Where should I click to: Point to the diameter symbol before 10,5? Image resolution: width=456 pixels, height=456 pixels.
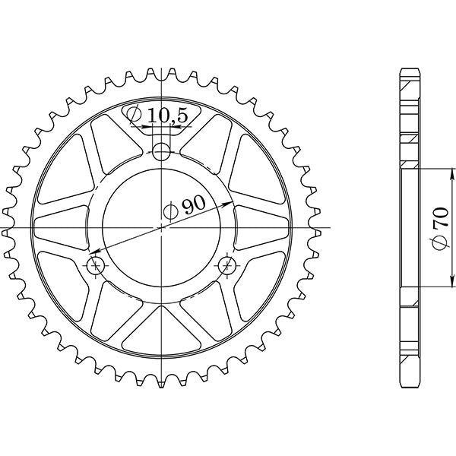[134, 116]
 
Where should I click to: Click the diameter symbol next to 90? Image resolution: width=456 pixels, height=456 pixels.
[170, 209]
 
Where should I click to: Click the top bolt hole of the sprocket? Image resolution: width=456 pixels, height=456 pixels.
[160, 152]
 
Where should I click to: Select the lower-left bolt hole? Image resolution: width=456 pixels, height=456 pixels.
[96, 265]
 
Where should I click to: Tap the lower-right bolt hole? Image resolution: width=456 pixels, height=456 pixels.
[226, 265]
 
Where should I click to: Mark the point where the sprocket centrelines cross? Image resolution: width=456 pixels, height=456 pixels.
[160, 228]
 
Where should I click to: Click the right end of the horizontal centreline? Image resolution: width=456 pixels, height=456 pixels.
[333, 228]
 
